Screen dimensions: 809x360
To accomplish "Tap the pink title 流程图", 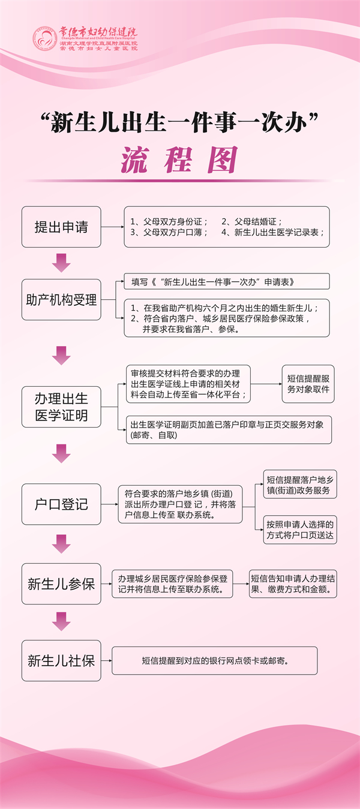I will click(x=179, y=160).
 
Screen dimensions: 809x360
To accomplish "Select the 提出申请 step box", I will click(x=61, y=227).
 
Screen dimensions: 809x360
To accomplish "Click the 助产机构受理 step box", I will click(x=61, y=300).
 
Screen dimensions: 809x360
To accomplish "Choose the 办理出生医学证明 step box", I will click(x=61, y=407).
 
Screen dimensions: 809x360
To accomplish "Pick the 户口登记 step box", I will click(x=61, y=504).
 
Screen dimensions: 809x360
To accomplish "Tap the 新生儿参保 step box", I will click(x=61, y=584).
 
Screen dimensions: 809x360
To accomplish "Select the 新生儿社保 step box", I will click(x=61, y=661).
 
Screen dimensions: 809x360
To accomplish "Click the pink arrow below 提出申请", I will click(x=61, y=262).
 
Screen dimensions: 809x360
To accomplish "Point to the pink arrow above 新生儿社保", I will click(x=61, y=621).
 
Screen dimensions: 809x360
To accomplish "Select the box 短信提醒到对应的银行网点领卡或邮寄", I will click(x=214, y=661).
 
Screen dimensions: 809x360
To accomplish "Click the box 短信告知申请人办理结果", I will click(x=293, y=584).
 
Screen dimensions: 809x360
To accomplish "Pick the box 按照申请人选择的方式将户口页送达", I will click(x=300, y=530).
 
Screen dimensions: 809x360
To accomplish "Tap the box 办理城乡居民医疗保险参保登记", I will click(x=173, y=584).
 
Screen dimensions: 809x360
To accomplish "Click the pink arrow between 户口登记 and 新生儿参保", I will click(x=61, y=544).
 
